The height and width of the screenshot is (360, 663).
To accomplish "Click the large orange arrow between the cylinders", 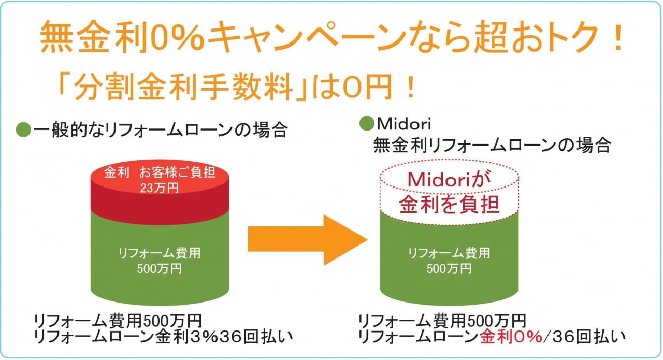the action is pos(308,240).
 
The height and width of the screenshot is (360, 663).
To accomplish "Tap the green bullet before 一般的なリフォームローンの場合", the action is pos(23,129).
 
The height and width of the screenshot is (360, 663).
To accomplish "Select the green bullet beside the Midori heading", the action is pos(367,123).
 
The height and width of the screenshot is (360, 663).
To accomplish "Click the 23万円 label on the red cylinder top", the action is pos(159,188).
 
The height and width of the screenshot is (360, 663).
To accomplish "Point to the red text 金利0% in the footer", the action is pos(511,337).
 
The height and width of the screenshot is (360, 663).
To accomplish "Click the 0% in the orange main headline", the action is pos(177,36).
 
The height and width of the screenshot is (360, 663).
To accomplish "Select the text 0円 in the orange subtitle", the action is pos(368,87).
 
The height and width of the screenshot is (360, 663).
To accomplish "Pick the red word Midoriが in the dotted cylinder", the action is pos(449,179).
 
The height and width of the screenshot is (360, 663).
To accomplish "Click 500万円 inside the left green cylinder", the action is pos(159,269).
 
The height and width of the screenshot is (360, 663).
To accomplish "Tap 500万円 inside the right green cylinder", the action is pos(449,269).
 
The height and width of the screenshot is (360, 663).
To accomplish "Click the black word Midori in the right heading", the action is pos(404,124).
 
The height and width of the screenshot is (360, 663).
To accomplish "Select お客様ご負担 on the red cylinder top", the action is pos(177,172).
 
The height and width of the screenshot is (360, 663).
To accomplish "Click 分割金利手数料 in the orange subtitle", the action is pos(183,88).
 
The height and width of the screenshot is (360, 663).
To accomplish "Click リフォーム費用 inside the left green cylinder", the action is pos(159,253).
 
